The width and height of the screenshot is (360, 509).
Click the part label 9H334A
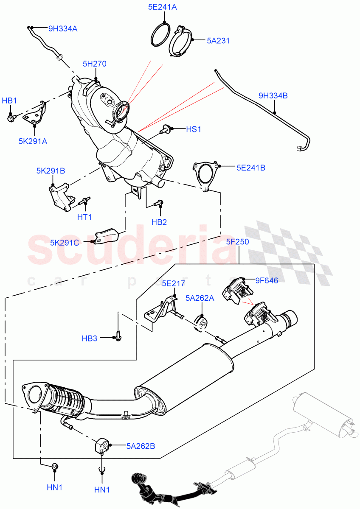(62, 29)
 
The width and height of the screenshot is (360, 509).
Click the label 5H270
(94, 64)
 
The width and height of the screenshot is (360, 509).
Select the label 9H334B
(273, 96)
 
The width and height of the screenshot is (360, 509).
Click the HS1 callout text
(193, 129)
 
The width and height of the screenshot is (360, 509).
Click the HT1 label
(84, 217)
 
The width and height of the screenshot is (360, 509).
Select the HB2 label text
(159, 222)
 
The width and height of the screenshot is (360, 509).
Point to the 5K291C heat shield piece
(106, 235)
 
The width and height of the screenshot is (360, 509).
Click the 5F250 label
(237, 242)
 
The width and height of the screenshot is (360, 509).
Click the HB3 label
(90, 338)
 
